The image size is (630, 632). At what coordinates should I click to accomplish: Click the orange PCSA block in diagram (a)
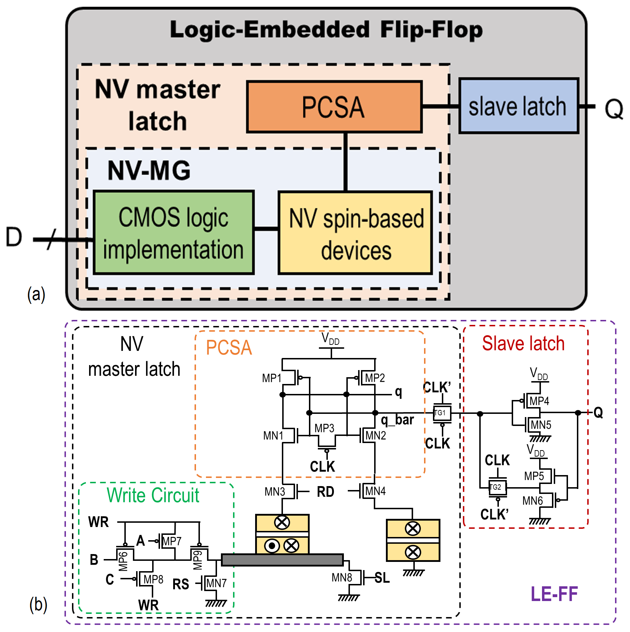pyautogui.click(x=334, y=107)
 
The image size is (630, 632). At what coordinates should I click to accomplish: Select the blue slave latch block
pyautogui.click(x=518, y=106)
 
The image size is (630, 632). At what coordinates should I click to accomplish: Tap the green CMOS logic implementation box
pyautogui.click(x=174, y=232)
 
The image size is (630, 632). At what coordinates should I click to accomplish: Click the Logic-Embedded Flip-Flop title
pyautogui.click(x=326, y=30)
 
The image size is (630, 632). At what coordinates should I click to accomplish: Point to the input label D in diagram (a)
pyautogui.click(x=14, y=237)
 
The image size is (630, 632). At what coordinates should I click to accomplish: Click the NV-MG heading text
pyautogui.click(x=149, y=170)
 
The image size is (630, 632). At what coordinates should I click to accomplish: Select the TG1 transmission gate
pyautogui.click(x=442, y=413)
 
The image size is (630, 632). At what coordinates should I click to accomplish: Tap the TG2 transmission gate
pyautogui.click(x=497, y=487)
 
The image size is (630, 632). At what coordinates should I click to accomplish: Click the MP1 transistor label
pyautogui.click(x=272, y=378)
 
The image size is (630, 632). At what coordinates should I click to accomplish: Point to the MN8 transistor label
pyautogui.click(x=342, y=578)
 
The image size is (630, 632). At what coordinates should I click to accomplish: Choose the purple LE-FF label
pyautogui.click(x=554, y=594)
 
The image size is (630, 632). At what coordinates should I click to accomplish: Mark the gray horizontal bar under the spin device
pyautogui.click(x=282, y=560)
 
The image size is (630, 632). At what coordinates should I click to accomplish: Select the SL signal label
pyautogui.click(x=382, y=578)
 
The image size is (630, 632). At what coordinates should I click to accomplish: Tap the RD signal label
pyautogui.click(x=326, y=492)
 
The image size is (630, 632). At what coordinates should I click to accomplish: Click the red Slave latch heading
pyautogui.click(x=523, y=343)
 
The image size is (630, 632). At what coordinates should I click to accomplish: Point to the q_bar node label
pyautogui.click(x=397, y=420)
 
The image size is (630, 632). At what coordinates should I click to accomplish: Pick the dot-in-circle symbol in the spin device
pyautogui.click(x=272, y=546)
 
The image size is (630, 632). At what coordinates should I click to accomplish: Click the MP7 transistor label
pyautogui.click(x=172, y=541)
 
